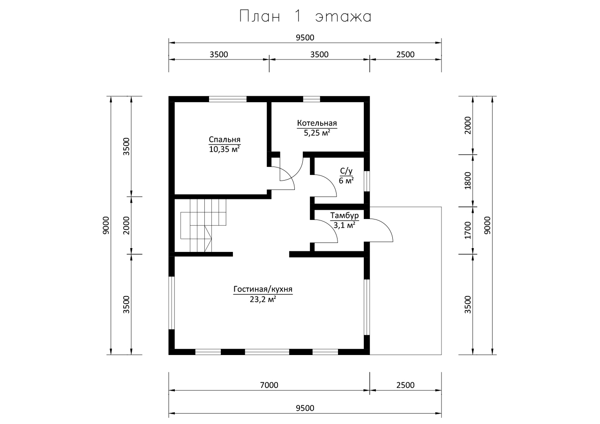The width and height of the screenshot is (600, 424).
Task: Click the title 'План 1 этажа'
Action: point(305,16)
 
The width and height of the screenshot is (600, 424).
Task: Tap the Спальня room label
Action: point(225,140)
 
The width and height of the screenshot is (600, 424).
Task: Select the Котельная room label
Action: point(317,123)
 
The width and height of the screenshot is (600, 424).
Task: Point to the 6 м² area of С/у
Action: point(346,181)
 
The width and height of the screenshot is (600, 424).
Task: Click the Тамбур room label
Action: point(344,215)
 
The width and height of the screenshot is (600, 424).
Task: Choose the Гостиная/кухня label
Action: point(263,289)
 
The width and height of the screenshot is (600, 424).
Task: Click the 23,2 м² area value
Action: point(263,299)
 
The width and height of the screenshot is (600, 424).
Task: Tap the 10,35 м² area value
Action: point(225,149)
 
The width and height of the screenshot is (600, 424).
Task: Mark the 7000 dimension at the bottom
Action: point(269,385)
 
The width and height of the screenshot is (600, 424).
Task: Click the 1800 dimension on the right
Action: point(468,181)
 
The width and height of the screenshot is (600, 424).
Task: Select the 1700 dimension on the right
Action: point(468,230)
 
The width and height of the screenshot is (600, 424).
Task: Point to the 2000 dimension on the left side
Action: point(126,226)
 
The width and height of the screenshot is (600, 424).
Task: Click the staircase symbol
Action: point(203,226)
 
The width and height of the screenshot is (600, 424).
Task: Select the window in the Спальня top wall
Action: point(228,99)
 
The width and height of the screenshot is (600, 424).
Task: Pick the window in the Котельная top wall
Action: point(312,99)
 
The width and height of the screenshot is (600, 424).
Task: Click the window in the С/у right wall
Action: point(367,181)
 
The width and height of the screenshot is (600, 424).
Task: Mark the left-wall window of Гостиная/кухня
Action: point(172,303)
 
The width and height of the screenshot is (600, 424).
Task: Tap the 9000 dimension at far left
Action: point(106,226)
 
